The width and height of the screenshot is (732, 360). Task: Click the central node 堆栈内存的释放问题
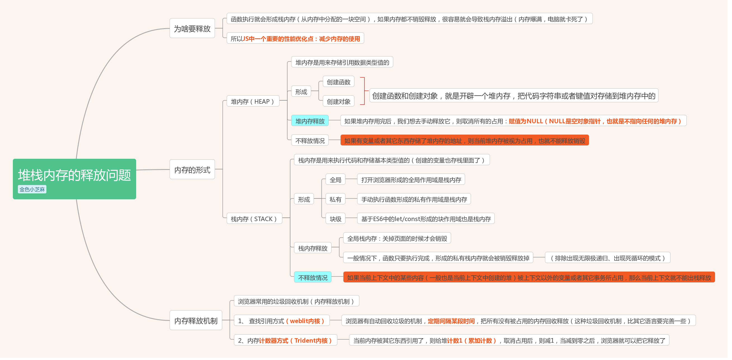click(74, 175)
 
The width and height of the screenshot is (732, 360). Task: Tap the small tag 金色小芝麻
click(32, 190)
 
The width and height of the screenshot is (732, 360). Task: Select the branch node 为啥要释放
click(192, 29)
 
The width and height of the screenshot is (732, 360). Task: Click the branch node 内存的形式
click(192, 170)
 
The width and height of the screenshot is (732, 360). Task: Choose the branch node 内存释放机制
click(196, 321)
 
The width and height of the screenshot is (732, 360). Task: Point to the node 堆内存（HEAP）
click(253, 101)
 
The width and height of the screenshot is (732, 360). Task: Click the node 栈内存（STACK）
click(254, 219)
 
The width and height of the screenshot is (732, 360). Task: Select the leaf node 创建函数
click(338, 82)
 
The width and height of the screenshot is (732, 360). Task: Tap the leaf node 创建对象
click(338, 101)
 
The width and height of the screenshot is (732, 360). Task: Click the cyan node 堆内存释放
click(310, 121)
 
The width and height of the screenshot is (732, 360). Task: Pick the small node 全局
click(335, 179)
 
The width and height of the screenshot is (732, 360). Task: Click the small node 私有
click(335, 199)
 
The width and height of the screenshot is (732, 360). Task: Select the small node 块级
click(335, 219)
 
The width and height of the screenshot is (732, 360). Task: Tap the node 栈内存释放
click(312, 248)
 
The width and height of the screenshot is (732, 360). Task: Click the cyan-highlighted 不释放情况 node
click(312, 277)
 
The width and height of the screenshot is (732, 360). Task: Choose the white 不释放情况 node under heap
click(310, 141)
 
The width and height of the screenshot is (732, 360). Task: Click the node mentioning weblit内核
click(282, 321)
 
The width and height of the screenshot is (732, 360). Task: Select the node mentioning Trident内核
click(285, 340)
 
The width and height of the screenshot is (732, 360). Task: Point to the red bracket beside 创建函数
click(363, 91)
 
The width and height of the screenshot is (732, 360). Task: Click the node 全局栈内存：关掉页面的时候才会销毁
click(397, 238)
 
